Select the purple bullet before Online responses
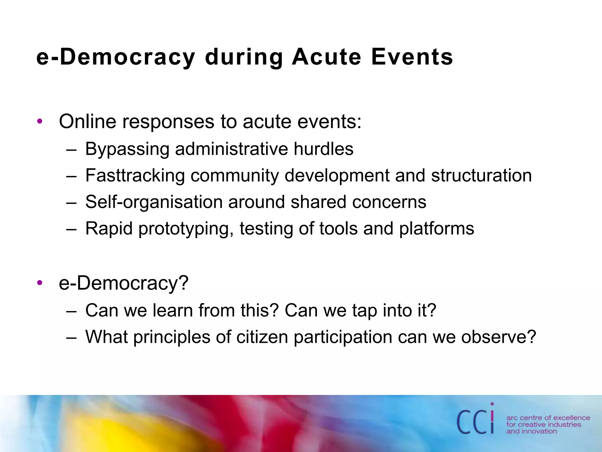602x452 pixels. pos(40,121)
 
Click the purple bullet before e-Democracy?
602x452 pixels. pos(40,283)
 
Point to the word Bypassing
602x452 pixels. pos(127,149)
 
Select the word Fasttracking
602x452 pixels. pos(135,176)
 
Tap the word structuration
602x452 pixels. pos(481,175)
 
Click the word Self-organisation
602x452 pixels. pos(154,202)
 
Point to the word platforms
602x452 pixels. pos(437,229)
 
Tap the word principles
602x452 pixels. pos(172,337)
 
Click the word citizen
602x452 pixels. pos(262,337)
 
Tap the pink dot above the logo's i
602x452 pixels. pos(492,404)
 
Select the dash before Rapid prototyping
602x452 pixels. pos(71,229)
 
